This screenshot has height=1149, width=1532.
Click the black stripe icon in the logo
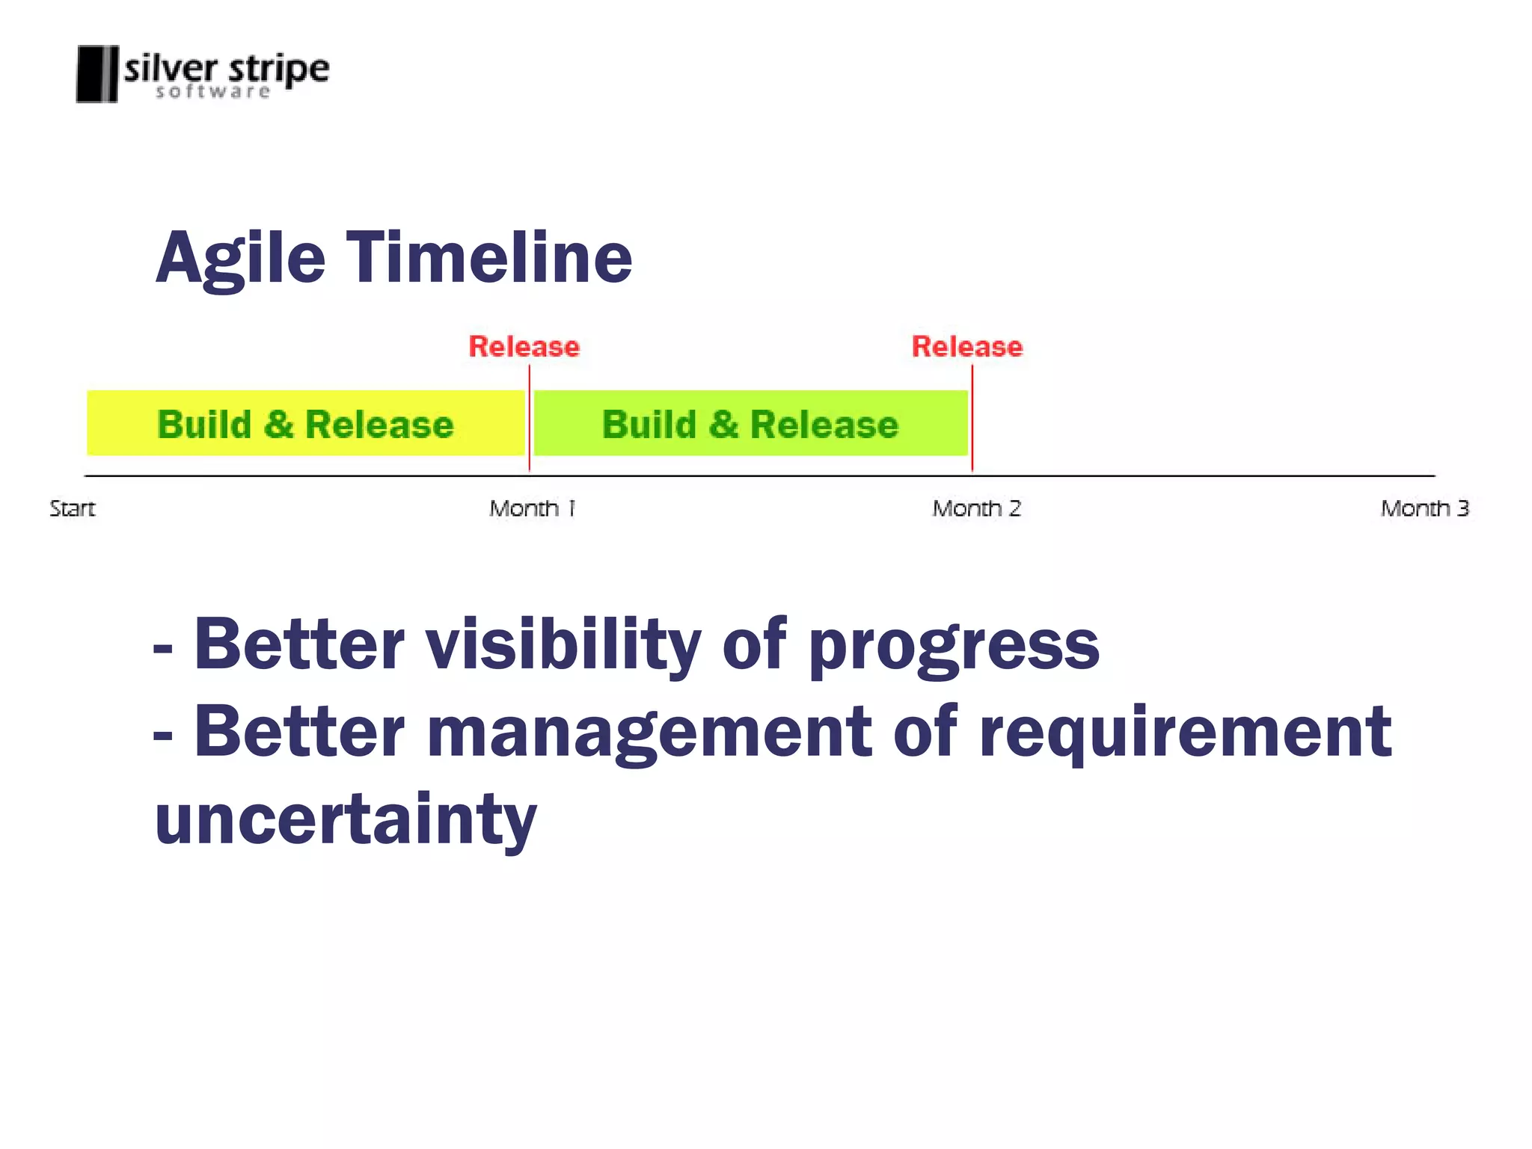pos(97,74)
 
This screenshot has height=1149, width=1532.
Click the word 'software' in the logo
pos(212,92)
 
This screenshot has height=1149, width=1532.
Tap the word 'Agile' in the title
pos(241,259)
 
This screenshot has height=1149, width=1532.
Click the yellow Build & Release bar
pos(305,424)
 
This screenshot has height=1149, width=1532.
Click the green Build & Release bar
pos(750,424)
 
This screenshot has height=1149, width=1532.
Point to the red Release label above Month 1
pos(524,347)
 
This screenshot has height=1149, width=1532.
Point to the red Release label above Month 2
pos(966,347)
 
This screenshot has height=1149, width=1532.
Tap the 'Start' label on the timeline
pos(73,509)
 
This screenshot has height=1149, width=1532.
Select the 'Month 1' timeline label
pos(532,509)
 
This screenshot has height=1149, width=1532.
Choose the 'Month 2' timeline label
pos(976,509)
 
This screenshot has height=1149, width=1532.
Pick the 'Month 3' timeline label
pos(1424,509)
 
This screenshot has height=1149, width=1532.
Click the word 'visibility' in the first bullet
pos(563,645)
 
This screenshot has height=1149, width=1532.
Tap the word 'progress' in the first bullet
pos(954,647)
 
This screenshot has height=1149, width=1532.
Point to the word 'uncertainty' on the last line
pos(346,820)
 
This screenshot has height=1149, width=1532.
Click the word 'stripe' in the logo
pos(278,70)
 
